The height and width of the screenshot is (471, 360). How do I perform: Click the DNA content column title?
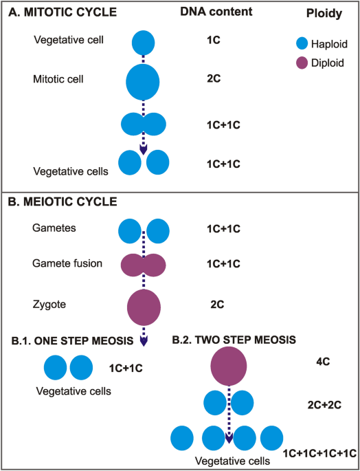(216, 12)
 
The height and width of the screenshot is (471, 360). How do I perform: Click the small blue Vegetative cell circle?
(143, 42)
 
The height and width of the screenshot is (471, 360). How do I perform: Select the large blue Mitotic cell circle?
(143, 80)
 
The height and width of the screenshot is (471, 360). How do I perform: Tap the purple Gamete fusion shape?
(144, 264)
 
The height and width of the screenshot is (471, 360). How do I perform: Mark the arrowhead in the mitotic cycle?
(144, 150)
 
